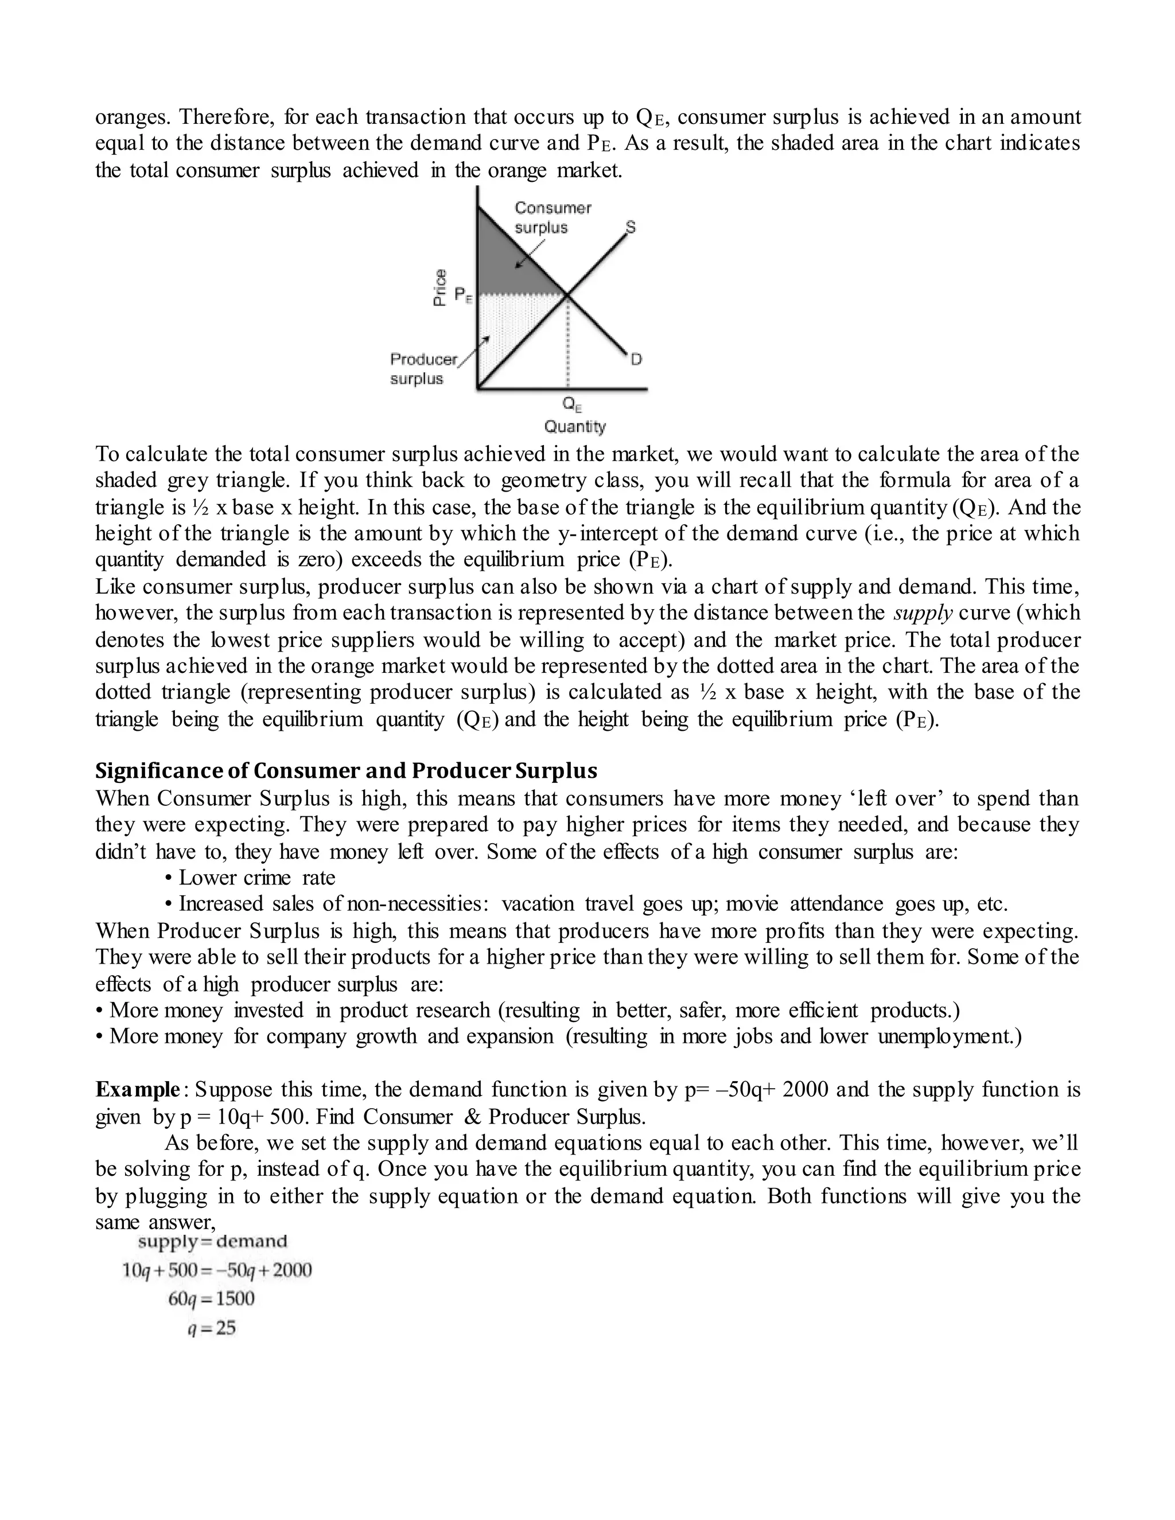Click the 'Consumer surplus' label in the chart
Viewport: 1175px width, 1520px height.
point(552,218)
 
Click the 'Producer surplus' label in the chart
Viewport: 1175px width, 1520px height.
point(423,369)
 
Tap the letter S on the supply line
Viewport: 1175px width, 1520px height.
point(630,227)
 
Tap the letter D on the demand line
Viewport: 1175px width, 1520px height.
point(636,360)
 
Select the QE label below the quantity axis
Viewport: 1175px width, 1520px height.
point(571,404)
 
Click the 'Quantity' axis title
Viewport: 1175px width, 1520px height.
point(574,426)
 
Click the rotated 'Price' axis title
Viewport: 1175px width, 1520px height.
point(440,287)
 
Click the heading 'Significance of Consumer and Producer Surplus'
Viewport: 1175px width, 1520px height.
point(346,770)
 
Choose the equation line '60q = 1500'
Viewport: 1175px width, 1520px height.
point(211,1299)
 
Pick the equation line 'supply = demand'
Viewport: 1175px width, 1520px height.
point(212,1241)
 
